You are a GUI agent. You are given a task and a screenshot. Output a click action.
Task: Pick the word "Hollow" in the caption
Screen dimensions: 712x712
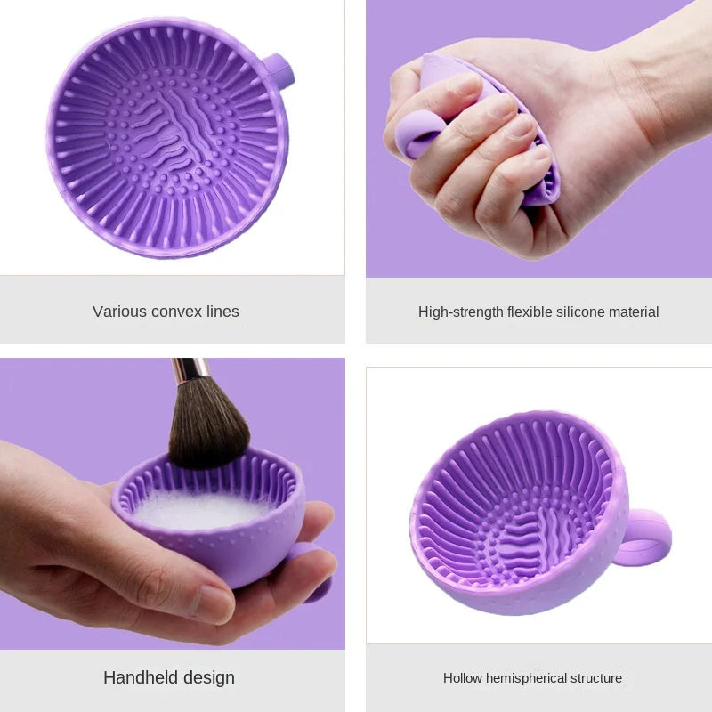pyautogui.click(x=463, y=678)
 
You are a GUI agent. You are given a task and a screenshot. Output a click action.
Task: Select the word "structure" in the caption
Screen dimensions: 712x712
pyautogui.click(x=596, y=678)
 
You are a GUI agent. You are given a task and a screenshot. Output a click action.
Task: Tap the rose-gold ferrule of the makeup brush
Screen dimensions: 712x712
pyautogui.click(x=191, y=368)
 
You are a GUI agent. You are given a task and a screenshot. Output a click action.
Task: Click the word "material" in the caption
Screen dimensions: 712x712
pyautogui.click(x=631, y=312)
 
